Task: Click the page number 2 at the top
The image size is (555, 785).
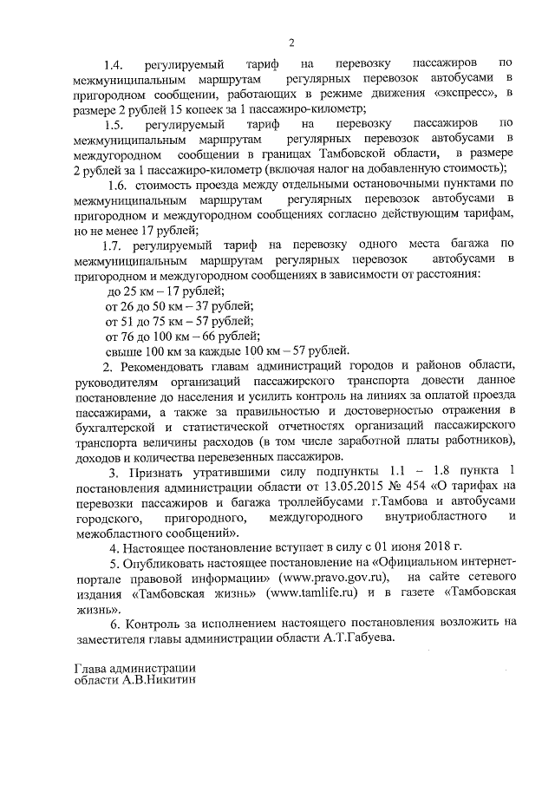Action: pos(291,43)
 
